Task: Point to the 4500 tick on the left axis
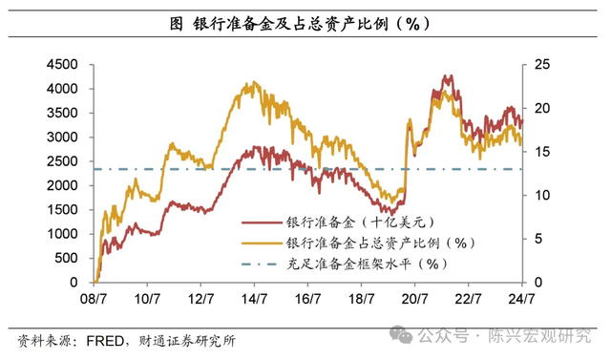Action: click(66, 64)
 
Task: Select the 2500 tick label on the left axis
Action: click(66, 161)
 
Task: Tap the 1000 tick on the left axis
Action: click(66, 234)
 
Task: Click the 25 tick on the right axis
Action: click(541, 64)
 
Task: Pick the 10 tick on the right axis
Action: click(541, 195)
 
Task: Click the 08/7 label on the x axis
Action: click(95, 299)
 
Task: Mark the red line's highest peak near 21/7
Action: click(446, 75)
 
